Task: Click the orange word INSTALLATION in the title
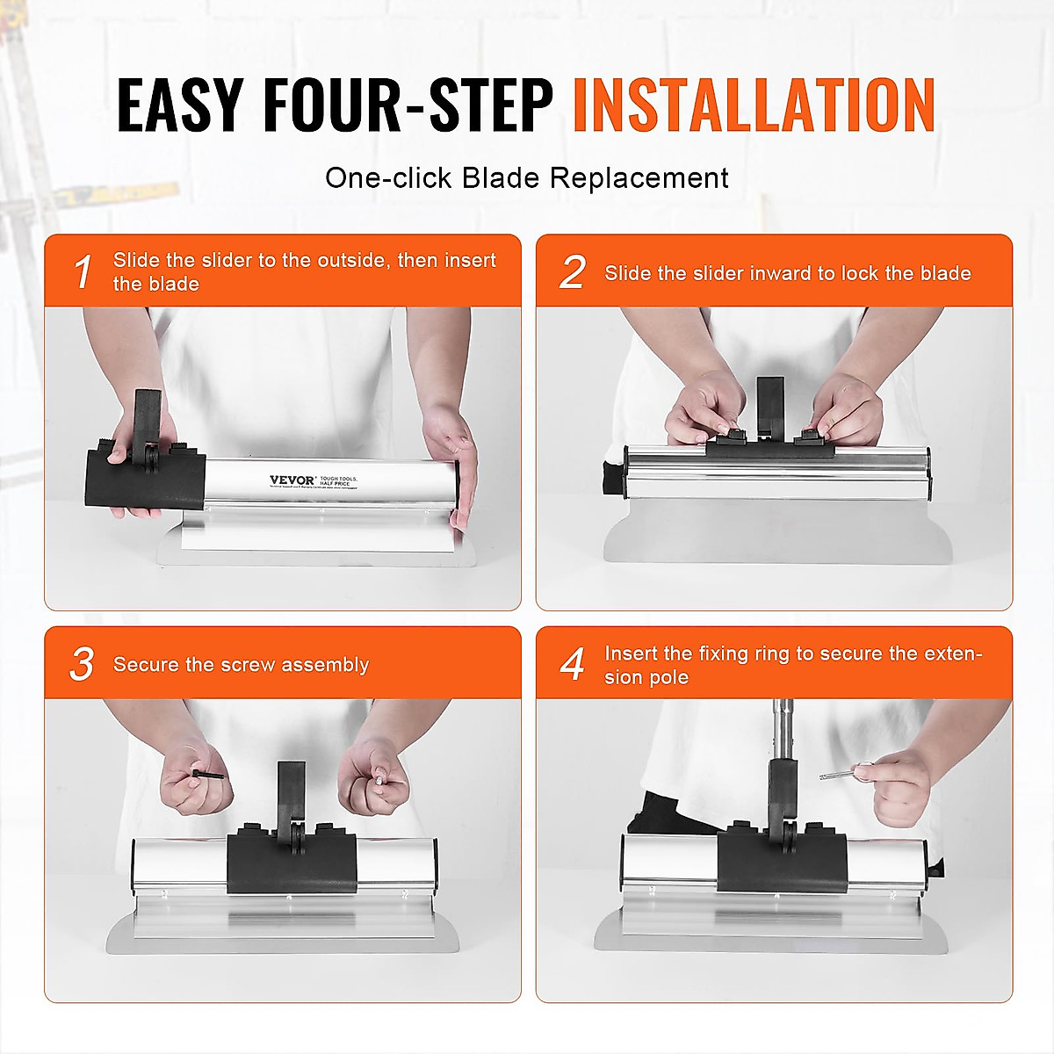pos(754,105)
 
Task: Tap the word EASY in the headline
pos(179,105)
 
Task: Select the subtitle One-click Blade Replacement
pos(526,178)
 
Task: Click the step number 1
pos(83,272)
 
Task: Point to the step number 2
pos(573,272)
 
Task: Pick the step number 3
pos(82,664)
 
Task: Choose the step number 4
pos(573,664)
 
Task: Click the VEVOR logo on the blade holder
pos(292,480)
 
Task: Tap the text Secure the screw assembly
pos(241,665)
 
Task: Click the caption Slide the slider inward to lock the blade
pos(787,273)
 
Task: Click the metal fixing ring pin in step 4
pos(839,774)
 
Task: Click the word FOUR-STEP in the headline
pos(408,105)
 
